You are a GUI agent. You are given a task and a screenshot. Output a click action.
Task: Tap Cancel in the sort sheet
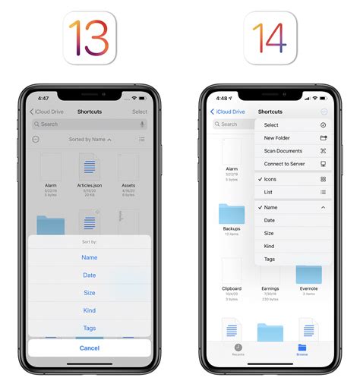90,348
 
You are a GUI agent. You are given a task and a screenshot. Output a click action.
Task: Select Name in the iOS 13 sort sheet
90,257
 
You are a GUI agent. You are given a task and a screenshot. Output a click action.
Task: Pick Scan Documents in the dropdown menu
283,151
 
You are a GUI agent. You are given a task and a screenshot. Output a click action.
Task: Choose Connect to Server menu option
284,164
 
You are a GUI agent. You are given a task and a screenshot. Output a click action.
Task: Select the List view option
270,192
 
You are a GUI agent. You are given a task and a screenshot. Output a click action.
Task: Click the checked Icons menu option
270,179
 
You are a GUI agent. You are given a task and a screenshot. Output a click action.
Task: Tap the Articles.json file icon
90,166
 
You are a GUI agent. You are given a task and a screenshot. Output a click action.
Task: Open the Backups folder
232,213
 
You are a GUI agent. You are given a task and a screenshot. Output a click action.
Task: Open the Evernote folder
308,273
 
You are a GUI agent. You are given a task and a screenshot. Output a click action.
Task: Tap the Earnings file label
270,289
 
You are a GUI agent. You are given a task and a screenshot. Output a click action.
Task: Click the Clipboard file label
232,289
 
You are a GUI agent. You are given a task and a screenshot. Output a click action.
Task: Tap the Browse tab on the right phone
302,350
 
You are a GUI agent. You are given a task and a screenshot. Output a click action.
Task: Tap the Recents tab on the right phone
237,350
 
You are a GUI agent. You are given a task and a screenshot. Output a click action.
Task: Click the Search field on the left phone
90,124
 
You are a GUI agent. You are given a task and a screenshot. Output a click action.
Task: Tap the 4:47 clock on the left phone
43,99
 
